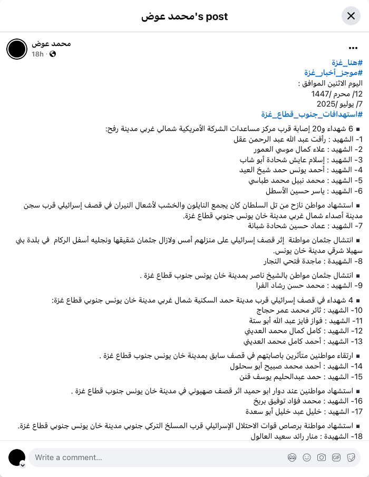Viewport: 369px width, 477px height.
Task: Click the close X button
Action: coord(351,16)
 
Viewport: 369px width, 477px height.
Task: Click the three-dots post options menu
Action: coord(353,49)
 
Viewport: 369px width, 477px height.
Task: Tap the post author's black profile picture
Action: coord(16,49)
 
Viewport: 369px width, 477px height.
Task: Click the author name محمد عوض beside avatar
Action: coord(51,43)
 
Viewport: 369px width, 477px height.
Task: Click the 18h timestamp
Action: coord(37,54)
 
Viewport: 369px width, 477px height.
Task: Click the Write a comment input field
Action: coord(158,457)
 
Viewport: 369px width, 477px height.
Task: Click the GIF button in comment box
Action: coord(336,457)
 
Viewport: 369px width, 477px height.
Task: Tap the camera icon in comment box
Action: coord(321,457)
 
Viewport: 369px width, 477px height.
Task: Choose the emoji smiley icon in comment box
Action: coord(306,457)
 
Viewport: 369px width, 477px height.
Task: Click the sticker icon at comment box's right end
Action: coord(351,457)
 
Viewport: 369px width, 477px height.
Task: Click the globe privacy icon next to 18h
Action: coord(53,54)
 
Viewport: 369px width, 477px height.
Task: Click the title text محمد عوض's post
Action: coord(184,16)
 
